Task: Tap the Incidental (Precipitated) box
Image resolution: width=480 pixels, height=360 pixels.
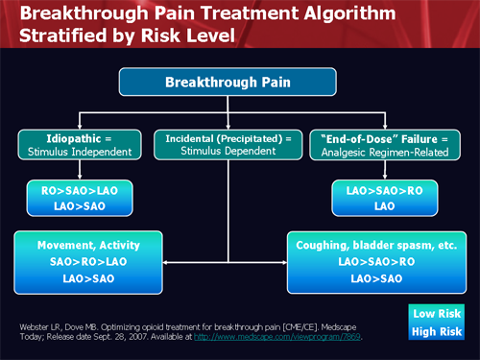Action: pos(227,144)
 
